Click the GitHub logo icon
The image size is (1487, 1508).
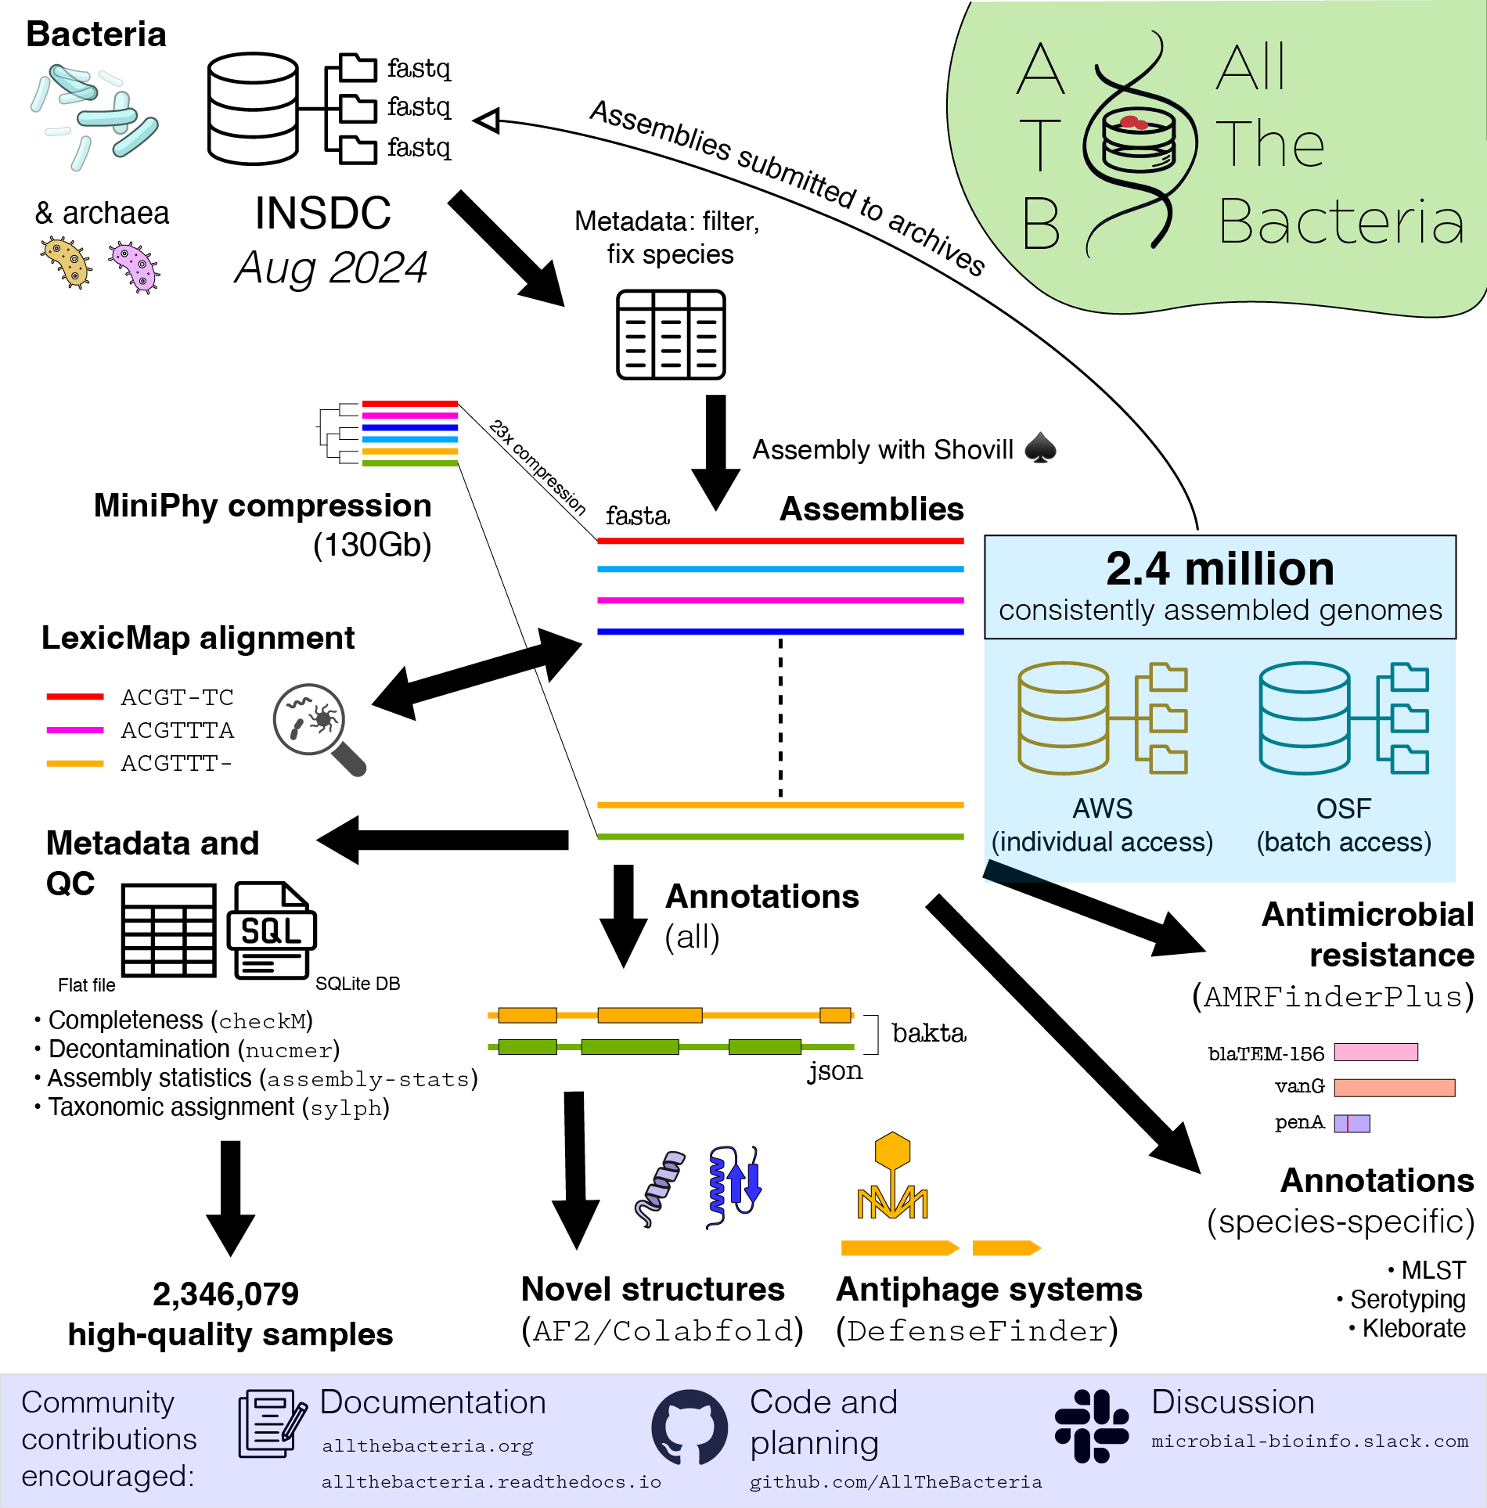click(689, 1427)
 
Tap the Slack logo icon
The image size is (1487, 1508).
click(1092, 1426)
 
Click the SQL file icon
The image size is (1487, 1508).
click(271, 930)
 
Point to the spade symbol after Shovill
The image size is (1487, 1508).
click(1040, 448)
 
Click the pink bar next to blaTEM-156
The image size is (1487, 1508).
click(1376, 1053)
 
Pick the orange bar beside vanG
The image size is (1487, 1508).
click(1394, 1088)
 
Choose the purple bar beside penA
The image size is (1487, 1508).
click(1352, 1124)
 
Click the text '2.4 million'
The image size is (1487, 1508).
click(1219, 569)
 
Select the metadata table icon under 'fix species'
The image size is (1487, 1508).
click(671, 335)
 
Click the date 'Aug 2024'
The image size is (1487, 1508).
click(330, 268)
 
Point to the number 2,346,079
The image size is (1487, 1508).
click(225, 1294)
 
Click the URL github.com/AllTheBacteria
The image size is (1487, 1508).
click(895, 1482)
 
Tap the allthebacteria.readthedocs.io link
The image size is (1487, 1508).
click(491, 1482)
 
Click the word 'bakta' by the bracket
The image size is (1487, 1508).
click(928, 1034)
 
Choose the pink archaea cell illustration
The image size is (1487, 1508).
click(135, 267)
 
